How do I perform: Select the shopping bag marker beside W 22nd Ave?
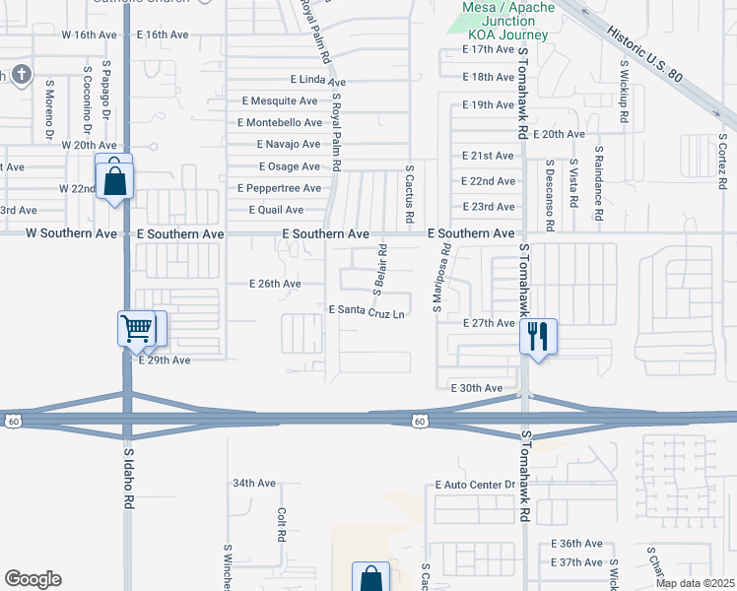(x=115, y=179)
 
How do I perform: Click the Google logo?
(x=33, y=579)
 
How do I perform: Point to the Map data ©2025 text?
(x=695, y=583)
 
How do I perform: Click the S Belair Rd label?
(x=380, y=269)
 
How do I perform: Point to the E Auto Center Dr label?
(x=475, y=485)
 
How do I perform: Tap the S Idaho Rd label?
(x=128, y=480)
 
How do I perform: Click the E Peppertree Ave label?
(x=279, y=188)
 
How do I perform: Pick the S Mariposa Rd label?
(x=442, y=279)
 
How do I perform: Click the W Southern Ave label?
(x=71, y=233)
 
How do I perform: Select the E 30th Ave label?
(x=476, y=388)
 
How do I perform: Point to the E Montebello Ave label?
(x=280, y=122)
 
